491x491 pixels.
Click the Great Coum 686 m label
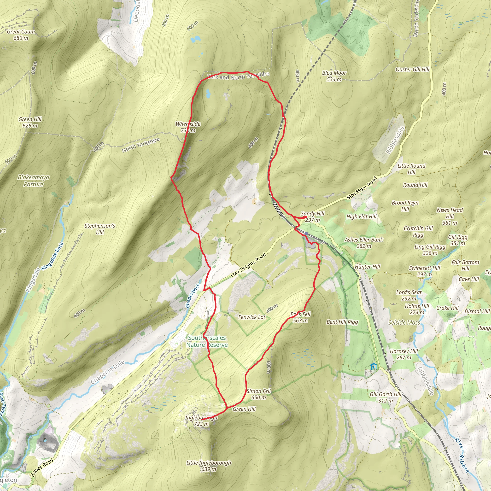[21, 35]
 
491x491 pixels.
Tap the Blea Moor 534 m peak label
[334, 76]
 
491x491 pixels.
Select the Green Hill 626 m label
[30, 122]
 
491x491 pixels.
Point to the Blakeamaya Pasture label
[34, 181]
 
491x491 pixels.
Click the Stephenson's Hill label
[100, 229]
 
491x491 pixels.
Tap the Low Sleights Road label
[248, 265]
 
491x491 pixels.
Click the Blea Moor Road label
[361, 188]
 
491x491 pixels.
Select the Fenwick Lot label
[251, 317]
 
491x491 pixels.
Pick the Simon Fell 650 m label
[258, 394]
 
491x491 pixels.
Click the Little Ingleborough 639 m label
[209, 466]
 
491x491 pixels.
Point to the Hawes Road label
[42, 468]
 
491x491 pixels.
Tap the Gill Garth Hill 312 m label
[386, 397]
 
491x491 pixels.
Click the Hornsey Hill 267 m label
[404, 354]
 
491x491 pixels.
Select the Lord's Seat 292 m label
[409, 295]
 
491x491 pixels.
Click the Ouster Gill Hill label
[412, 69]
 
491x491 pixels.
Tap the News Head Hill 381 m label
[450, 216]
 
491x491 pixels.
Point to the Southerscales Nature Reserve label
[207, 341]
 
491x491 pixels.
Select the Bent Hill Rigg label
[342, 322]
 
